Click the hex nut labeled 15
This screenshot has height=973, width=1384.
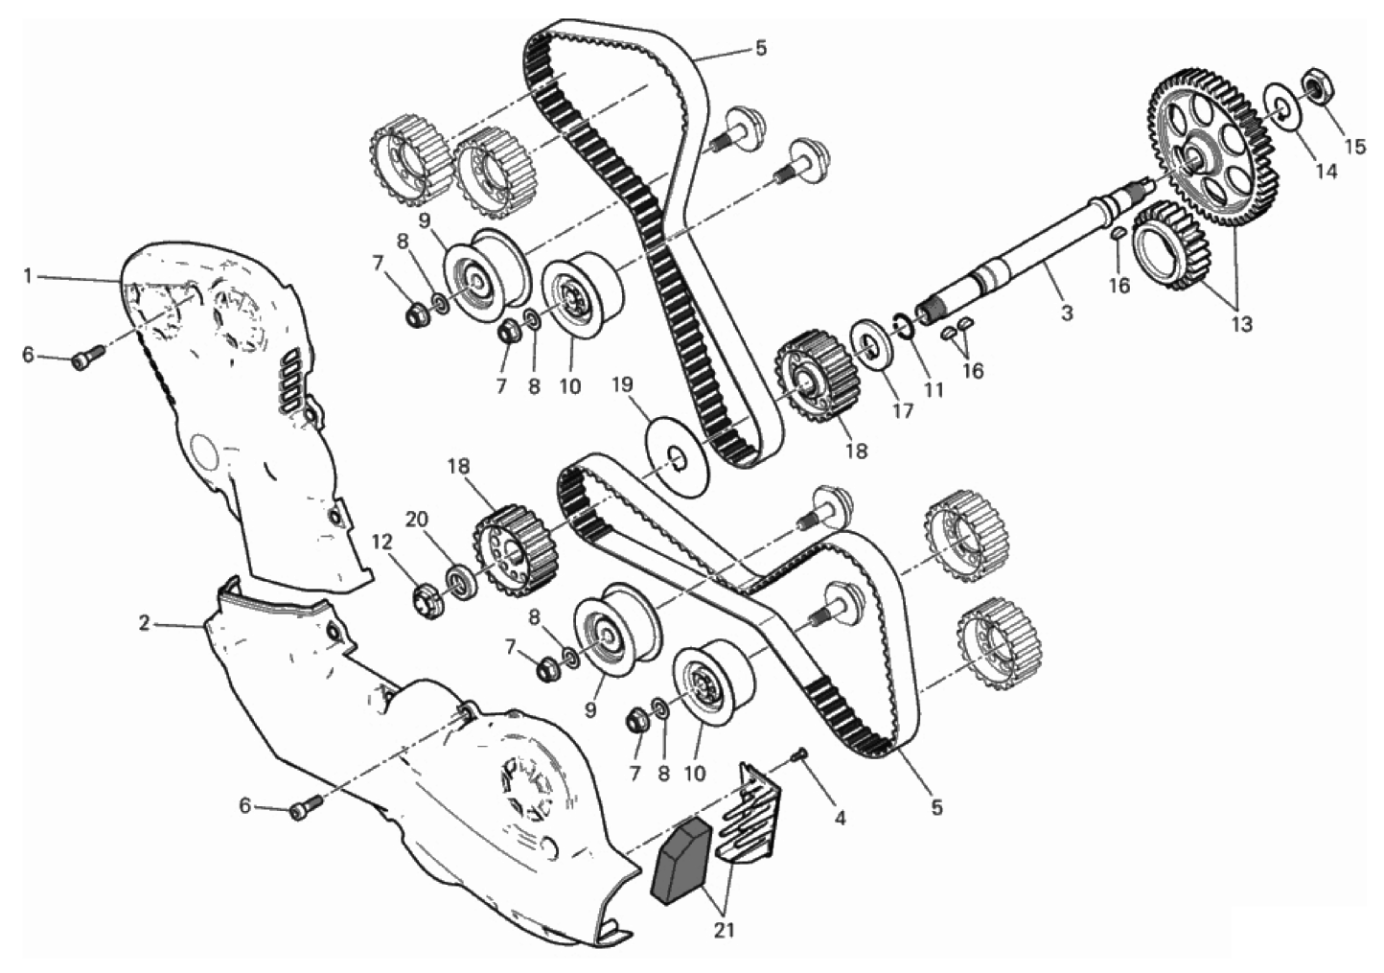(x=1318, y=88)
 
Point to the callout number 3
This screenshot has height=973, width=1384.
(x=1067, y=313)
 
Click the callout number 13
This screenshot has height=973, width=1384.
(x=1241, y=324)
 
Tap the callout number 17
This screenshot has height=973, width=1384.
(x=903, y=410)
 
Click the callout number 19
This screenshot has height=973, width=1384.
(x=622, y=385)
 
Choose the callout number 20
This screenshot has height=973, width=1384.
(x=416, y=520)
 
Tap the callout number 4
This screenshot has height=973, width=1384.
(x=839, y=819)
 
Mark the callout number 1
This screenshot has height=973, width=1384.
(x=27, y=275)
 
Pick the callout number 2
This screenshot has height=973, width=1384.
(x=145, y=623)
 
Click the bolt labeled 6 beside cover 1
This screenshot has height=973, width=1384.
(x=89, y=358)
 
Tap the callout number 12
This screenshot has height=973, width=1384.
(x=382, y=543)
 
